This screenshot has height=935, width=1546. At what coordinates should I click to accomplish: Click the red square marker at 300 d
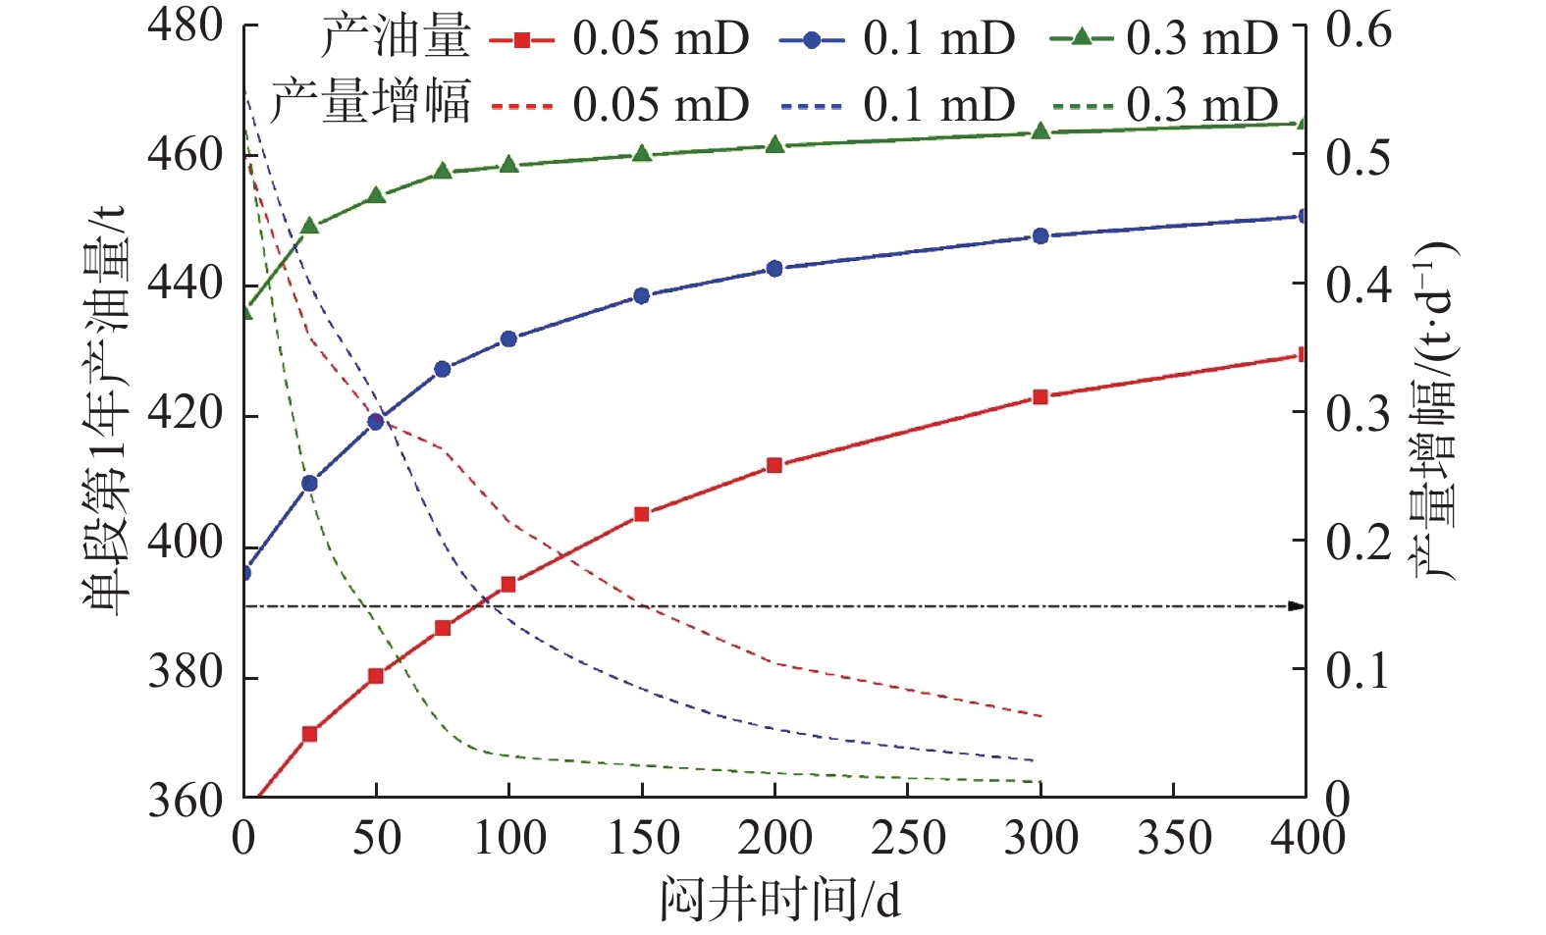[x=1040, y=397]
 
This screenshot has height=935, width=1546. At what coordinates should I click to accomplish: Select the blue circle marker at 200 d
[x=774, y=269]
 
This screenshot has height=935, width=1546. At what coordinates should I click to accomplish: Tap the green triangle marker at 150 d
[x=642, y=153]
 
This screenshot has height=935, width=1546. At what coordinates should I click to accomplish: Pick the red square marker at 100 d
[x=508, y=584]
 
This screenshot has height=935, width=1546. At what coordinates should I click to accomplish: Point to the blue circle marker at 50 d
[x=375, y=422]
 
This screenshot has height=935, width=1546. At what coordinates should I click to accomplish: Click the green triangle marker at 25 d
[x=309, y=226]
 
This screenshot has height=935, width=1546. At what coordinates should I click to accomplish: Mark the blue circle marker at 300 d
[x=1040, y=236]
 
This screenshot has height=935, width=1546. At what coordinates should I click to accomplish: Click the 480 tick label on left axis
[x=186, y=26]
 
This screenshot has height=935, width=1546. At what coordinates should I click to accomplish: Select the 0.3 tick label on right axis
[x=1359, y=414]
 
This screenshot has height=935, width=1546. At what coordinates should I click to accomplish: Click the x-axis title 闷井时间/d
[x=780, y=899]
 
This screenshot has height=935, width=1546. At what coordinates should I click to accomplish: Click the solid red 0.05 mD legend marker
[x=522, y=40]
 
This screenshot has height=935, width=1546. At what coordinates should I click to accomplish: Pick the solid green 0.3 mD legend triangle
[x=1081, y=38]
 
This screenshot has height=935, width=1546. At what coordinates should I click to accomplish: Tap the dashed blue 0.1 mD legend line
[x=812, y=106]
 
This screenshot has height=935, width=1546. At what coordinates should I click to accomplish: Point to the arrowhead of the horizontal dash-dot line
[x=1297, y=606]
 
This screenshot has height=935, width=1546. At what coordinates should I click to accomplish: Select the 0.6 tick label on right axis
[x=1359, y=30]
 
